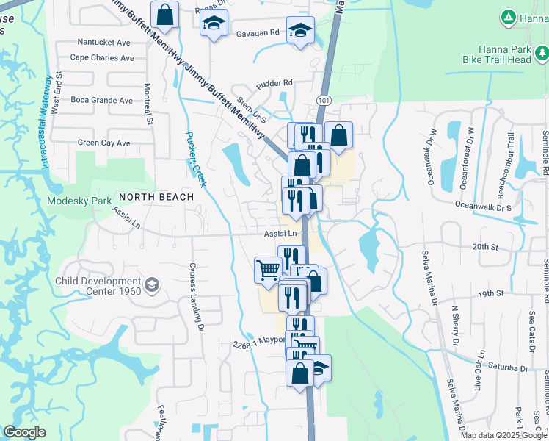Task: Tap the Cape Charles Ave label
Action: click(102, 57)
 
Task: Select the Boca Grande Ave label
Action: click(101, 101)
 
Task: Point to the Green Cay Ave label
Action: click(103, 143)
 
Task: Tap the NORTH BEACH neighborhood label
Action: click(156, 197)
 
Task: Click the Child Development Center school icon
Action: click(152, 285)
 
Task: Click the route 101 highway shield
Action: click(324, 99)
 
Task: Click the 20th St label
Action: click(485, 247)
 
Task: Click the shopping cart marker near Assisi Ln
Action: click(267, 270)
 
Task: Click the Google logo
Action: click(24, 432)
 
